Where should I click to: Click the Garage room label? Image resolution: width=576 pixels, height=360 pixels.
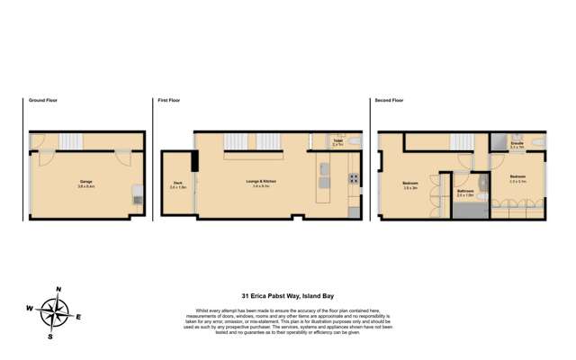86,181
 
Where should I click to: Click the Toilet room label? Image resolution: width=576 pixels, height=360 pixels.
337,141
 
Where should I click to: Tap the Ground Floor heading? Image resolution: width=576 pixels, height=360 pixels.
42,101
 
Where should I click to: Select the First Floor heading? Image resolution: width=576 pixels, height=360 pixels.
170,101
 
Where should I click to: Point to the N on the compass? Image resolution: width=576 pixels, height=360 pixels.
58,290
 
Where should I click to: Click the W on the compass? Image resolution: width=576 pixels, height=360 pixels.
30,309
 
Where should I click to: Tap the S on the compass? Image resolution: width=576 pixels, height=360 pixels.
50,337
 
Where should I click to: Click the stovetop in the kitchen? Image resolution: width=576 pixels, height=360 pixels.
354,177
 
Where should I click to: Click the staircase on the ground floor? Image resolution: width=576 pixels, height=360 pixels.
68,141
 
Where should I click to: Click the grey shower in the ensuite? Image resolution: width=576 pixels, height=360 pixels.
498,142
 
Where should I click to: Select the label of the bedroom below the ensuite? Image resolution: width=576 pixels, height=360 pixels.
517,177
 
